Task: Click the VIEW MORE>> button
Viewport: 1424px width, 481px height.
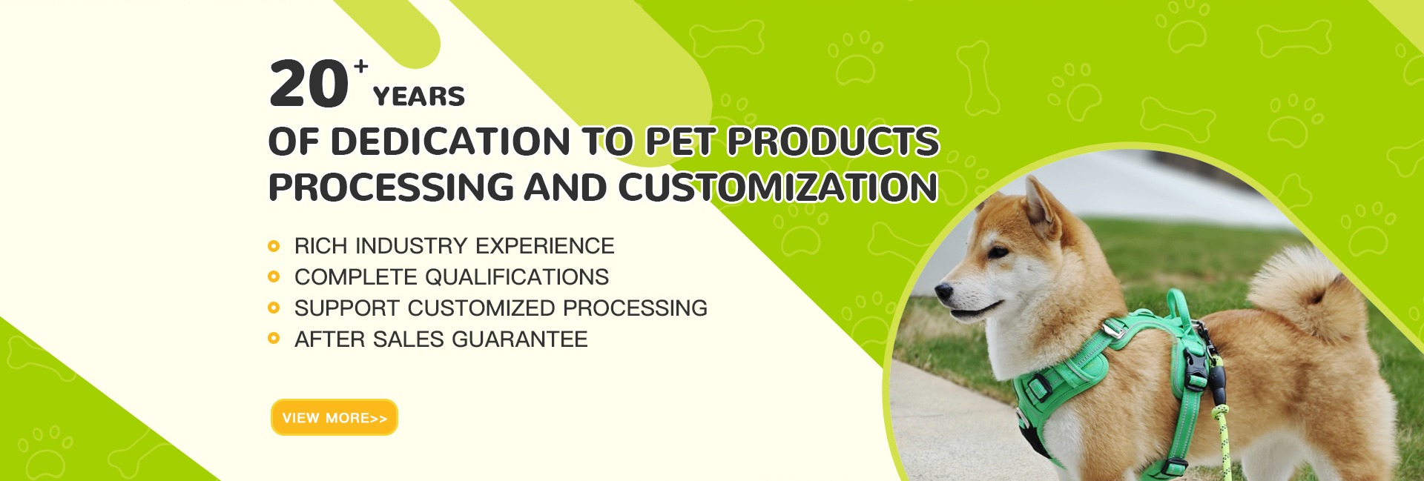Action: (x=334, y=417)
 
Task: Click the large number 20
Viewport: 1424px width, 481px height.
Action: (x=309, y=84)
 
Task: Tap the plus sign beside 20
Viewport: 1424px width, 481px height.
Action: (x=361, y=67)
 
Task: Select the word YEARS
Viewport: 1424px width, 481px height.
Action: (x=419, y=96)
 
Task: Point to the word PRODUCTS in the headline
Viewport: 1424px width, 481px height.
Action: (x=833, y=142)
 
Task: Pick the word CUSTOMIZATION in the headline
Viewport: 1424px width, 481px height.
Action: (x=778, y=187)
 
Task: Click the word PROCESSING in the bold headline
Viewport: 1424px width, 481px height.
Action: (x=391, y=187)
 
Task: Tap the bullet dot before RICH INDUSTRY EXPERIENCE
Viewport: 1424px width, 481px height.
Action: (x=274, y=246)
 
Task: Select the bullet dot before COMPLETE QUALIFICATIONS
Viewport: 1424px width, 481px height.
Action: (x=274, y=277)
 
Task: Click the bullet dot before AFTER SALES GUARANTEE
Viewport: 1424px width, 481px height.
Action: (x=274, y=339)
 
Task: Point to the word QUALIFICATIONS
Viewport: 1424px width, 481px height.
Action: (x=516, y=277)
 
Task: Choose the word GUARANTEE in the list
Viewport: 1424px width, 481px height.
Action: (x=519, y=339)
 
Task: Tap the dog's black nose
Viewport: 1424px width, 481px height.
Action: (x=943, y=291)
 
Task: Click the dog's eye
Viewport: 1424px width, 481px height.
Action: (x=998, y=252)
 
